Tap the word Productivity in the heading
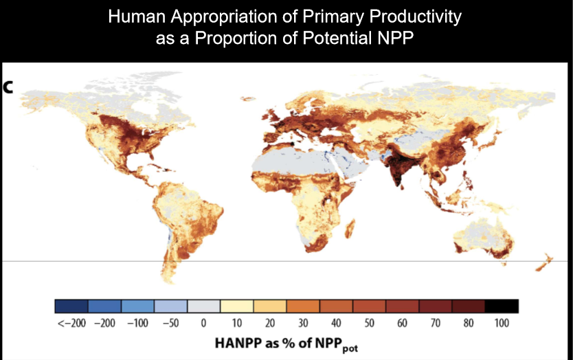(415, 16)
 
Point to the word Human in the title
(137, 16)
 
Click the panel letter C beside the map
(8, 87)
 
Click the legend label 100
(502, 323)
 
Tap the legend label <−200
(71, 323)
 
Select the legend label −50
(170, 323)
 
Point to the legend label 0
(203, 323)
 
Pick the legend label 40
(336, 323)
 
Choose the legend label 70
(435, 323)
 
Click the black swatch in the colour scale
(502, 306)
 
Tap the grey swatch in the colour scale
(204, 306)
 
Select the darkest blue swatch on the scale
(71, 306)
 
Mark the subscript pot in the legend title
(350, 348)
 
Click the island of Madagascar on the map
(350, 227)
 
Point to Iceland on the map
(249, 99)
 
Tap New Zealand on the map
(544, 262)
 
